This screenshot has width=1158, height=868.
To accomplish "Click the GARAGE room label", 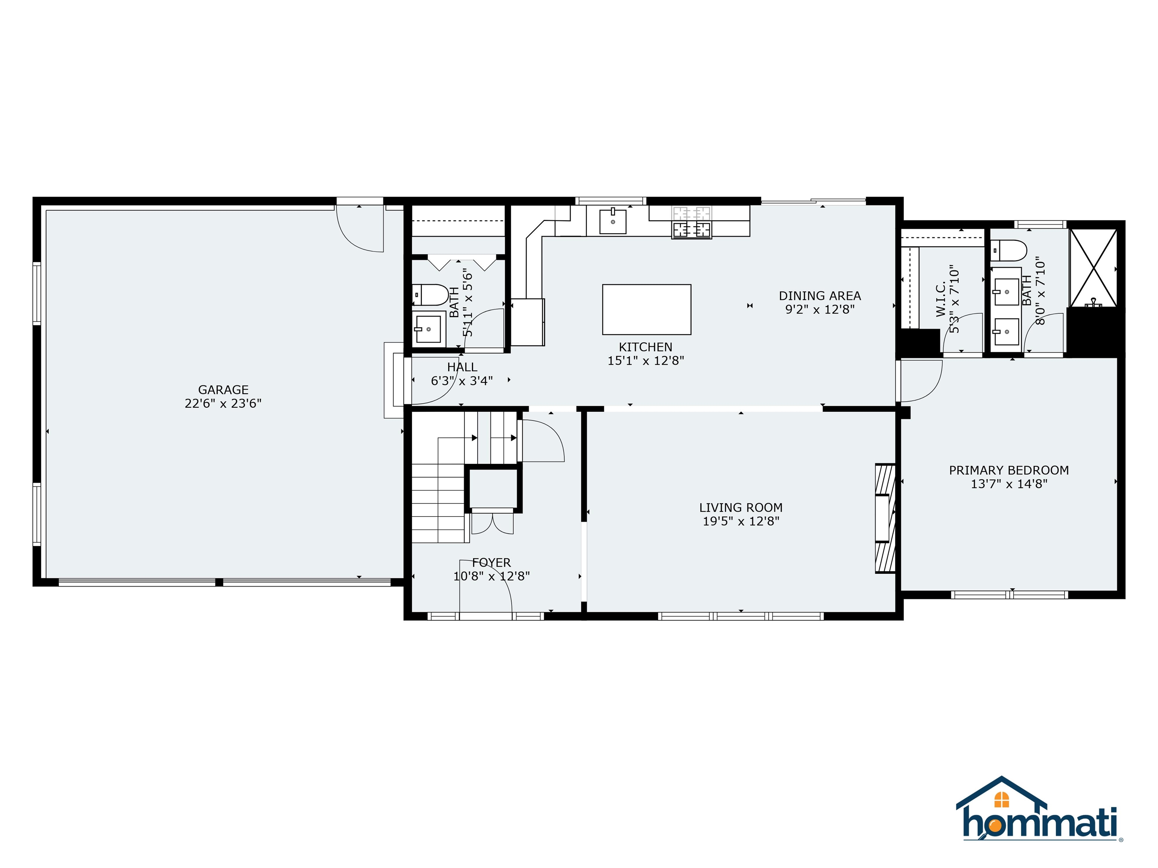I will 223,390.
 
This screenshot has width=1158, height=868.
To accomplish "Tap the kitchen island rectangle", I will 646,309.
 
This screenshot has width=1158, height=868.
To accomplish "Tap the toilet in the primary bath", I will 1008,251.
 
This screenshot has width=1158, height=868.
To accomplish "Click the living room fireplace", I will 885,518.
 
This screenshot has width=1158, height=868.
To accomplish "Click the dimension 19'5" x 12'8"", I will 741,521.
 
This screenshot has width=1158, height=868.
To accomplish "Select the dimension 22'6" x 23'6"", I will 223,403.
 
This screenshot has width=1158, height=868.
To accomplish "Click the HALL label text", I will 462,367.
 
